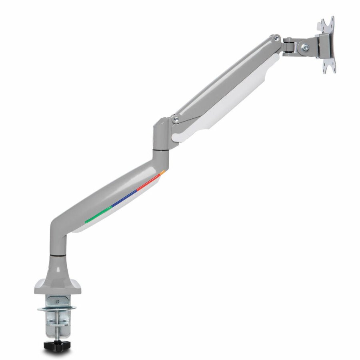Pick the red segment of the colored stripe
pyautogui.click(x=148, y=184)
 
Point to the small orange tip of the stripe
pyautogui.click(x=162, y=172)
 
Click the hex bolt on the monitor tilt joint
pyautogui.click(x=306, y=47)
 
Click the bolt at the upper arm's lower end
pyautogui.click(x=174, y=119)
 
